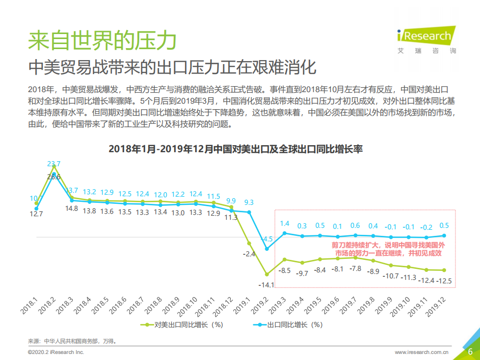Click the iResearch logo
pyautogui.click(x=427, y=40)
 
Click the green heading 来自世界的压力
pyautogui.click(x=102, y=40)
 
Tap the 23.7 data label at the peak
pyautogui.click(x=54, y=164)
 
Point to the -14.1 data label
pyautogui.click(x=266, y=285)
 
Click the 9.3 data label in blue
pyautogui.click(x=249, y=202)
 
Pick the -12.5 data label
pyautogui.click(x=443, y=281)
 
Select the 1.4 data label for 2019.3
pyautogui.click(x=284, y=223)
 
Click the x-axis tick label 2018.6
pyautogui.click(x=118, y=305)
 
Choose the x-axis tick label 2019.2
pyautogui.click(x=261, y=305)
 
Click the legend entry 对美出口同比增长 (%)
pyautogui.click(x=181, y=324)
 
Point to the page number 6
pyautogui.click(x=470, y=351)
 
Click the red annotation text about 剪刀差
pyautogui.click(x=388, y=249)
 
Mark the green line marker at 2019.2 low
pyautogui.click(x=267, y=274)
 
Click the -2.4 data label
pyautogui.click(x=249, y=254)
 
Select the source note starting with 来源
pyautogui.click(x=72, y=341)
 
